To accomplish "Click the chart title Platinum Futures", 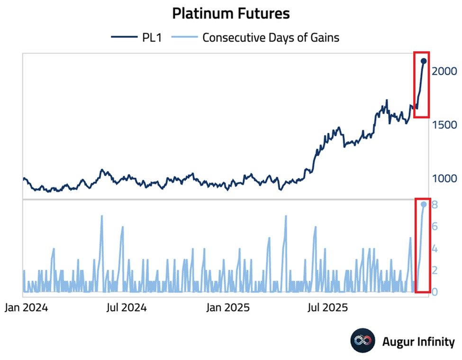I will pyautogui.click(x=231, y=14).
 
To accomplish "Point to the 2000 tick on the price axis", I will pyautogui.click(x=444, y=71).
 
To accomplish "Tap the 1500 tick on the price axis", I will pyautogui.click(x=444, y=125).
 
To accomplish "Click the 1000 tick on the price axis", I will pyautogui.click(x=444, y=179).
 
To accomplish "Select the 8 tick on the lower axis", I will pyautogui.click(x=435, y=205).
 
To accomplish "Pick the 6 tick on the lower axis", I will pyautogui.click(x=435, y=226).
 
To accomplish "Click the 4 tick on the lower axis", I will pyautogui.click(x=435, y=248).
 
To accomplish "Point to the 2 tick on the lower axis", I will pyautogui.click(x=435, y=270).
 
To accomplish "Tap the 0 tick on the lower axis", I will pyautogui.click(x=435, y=292).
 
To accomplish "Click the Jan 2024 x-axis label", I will pyautogui.click(x=26, y=308).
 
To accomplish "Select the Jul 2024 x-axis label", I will pyautogui.click(x=126, y=308).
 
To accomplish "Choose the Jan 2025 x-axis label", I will pyautogui.click(x=229, y=308).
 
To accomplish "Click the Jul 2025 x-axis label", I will pyautogui.click(x=329, y=308).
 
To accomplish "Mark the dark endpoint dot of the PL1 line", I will pyautogui.click(x=424, y=61).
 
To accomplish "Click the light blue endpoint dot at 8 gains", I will pyautogui.click(x=424, y=204).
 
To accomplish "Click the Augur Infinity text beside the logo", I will pyautogui.click(x=418, y=342).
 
